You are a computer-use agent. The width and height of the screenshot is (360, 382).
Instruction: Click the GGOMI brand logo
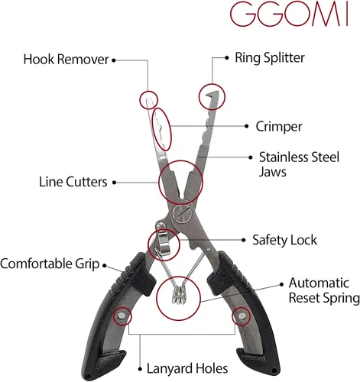(x=289, y=15)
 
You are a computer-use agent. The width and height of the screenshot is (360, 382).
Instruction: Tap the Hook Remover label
(x=66, y=60)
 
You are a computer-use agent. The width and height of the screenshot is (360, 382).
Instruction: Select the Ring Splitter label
(x=270, y=58)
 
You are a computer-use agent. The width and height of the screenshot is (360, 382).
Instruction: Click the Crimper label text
(x=279, y=127)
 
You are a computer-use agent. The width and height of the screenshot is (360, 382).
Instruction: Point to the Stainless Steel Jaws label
(x=299, y=164)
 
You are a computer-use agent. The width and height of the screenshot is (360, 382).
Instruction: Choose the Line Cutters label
(x=73, y=182)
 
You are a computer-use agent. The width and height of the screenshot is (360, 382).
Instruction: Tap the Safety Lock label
(x=284, y=240)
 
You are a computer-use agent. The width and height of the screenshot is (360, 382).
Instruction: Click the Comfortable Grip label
(x=50, y=264)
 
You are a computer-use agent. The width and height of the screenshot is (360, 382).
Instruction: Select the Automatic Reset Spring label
(x=324, y=290)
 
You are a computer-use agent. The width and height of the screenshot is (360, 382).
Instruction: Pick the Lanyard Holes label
(x=187, y=368)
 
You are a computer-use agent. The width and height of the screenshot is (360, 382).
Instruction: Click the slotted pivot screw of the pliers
(x=181, y=213)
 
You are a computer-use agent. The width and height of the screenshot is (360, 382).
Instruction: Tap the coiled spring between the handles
(x=180, y=294)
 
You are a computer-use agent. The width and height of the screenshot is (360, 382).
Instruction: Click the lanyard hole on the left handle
(x=122, y=316)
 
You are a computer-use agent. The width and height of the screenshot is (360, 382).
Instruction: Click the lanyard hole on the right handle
(x=242, y=316)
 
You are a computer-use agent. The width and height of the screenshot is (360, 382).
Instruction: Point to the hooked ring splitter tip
(x=212, y=95)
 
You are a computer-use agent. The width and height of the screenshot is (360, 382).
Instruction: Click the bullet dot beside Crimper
(x=246, y=126)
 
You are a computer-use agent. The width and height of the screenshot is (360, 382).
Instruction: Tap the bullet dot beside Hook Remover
(x=114, y=60)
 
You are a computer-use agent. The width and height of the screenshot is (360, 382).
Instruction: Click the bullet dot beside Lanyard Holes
(x=140, y=369)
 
